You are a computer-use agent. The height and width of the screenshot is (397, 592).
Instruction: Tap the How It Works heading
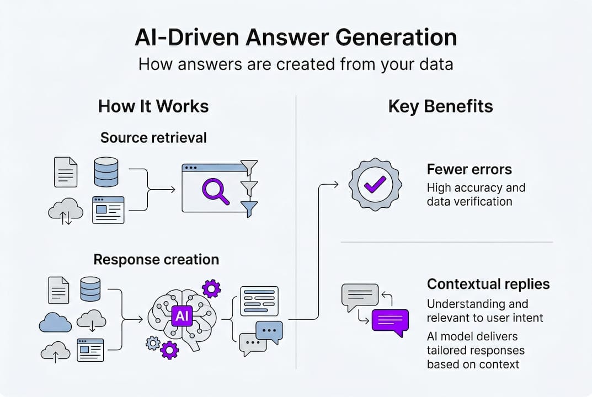pyautogui.click(x=153, y=106)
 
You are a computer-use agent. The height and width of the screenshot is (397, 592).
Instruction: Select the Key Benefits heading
pyautogui.click(x=440, y=106)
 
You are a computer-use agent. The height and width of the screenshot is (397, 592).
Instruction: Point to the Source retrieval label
pyautogui.click(x=153, y=137)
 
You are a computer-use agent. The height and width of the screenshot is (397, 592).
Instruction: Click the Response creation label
pyautogui.click(x=156, y=259)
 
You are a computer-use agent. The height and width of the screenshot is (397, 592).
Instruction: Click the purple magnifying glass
pyautogui.click(x=215, y=191)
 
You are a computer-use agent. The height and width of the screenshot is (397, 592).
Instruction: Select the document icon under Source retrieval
pyautogui.click(x=65, y=172)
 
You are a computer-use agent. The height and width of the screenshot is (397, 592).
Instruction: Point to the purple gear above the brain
pyautogui.click(x=211, y=288)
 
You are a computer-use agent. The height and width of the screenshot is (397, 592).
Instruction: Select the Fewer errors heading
pyautogui.click(x=469, y=169)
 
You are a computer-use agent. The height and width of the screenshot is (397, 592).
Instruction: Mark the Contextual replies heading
pyautogui.click(x=488, y=284)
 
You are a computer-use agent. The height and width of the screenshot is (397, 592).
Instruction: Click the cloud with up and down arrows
pyautogui.click(x=66, y=211)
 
